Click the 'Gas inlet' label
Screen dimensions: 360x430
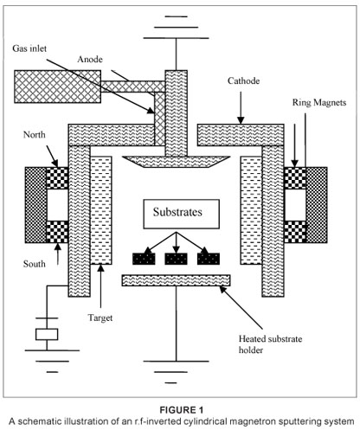click(x=29, y=48)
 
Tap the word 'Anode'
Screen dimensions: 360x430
click(x=90, y=59)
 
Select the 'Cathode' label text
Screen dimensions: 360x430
click(x=243, y=80)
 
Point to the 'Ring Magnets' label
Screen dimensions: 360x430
click(x=319, y=103)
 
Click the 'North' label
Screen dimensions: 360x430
click(x=35, y=135)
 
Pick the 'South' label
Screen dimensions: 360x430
click(x=35, y=264)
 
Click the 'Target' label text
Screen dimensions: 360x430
click(x=100, y=318)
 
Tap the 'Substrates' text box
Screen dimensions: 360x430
click(x=182, y=214)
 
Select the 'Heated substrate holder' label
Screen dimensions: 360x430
click(x=270, y=344)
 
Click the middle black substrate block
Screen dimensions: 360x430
click(x=176, y=259)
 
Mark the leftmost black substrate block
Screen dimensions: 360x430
click(x=144, y=259)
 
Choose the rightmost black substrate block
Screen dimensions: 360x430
click(x=209, y=259)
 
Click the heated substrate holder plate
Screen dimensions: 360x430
click(x=176, y=280)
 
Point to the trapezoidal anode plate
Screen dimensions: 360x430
click(x=176, y=162)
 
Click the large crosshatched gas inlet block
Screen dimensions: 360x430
click(x=58, y=87)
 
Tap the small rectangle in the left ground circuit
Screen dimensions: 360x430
click(x=47, y=334)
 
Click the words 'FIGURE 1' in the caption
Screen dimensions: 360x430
click(x=182, y=410)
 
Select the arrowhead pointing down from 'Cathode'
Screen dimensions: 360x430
click(x=241, y=120)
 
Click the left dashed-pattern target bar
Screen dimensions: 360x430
click(x=101, y=210)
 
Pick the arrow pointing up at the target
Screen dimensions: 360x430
click(x=100, y=286)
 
